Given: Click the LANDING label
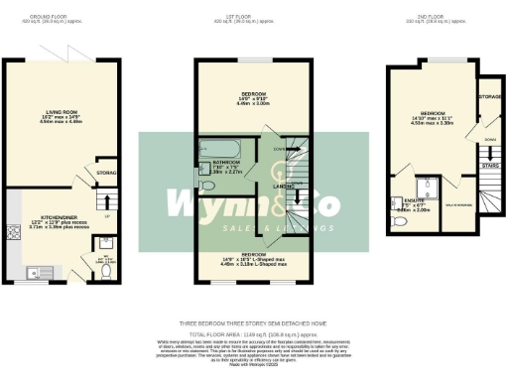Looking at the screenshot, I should point(283,185).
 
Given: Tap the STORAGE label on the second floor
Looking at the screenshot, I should point(489,97).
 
